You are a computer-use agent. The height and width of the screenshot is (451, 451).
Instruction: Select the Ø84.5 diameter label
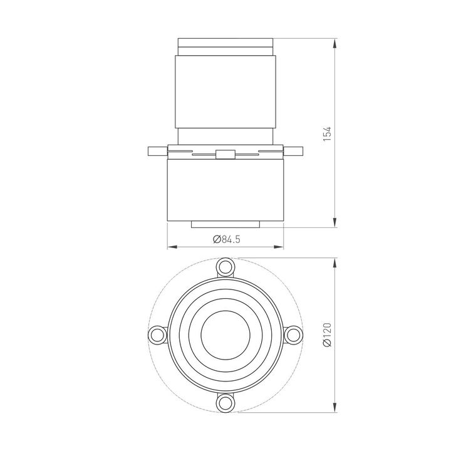[x=226, y=239]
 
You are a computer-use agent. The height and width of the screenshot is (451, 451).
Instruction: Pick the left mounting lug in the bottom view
[x=157, y=335]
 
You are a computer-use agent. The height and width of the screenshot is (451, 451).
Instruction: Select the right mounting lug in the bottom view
[x=293, y=335]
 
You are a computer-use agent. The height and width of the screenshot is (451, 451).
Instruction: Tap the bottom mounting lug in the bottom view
[x=225, y=402]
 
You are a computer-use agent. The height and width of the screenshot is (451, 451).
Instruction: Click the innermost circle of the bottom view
[x=225, y=335]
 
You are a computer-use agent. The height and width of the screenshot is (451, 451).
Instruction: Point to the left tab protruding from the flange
[x=157, y=151]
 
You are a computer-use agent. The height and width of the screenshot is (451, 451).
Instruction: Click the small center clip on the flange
[x=225, y=154]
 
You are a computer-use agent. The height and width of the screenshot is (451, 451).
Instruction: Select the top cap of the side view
[x=225, y=47]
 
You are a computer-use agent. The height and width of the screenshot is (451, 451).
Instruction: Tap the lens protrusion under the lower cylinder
[x=225, y=224]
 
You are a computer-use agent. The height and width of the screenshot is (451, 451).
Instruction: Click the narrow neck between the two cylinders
[x=225, y=135]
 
